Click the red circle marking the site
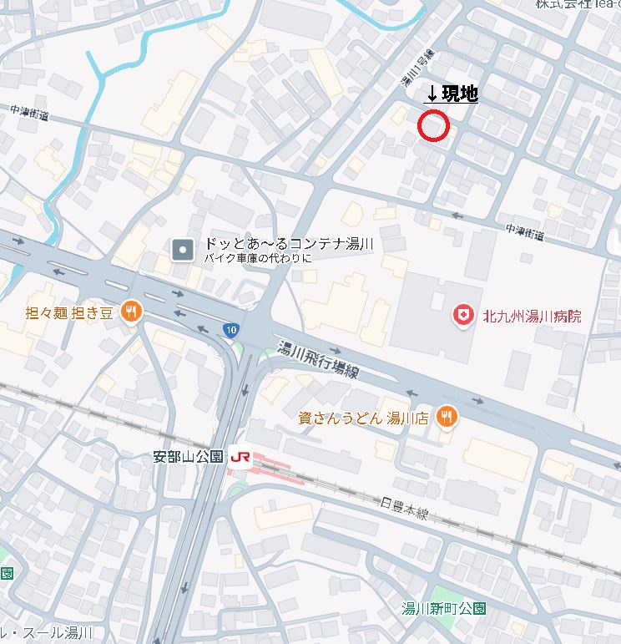tap(433, 126)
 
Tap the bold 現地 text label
tap(460, 94)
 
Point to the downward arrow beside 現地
tap(432, 97)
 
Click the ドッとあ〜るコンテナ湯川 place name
tap(288, 244)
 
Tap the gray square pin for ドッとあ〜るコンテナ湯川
tap(182, 249)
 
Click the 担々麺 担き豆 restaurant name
tap(70, 313)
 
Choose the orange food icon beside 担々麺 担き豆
tap(130, 313)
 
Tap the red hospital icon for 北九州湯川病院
tap(460, 315)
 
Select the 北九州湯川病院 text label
tap(532, 317)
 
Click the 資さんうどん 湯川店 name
tap(363, 418)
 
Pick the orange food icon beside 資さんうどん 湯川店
tap(448, 417)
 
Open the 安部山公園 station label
tap(189, 457)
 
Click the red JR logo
tap(240, 457)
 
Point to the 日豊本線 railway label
tap(404, 507)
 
